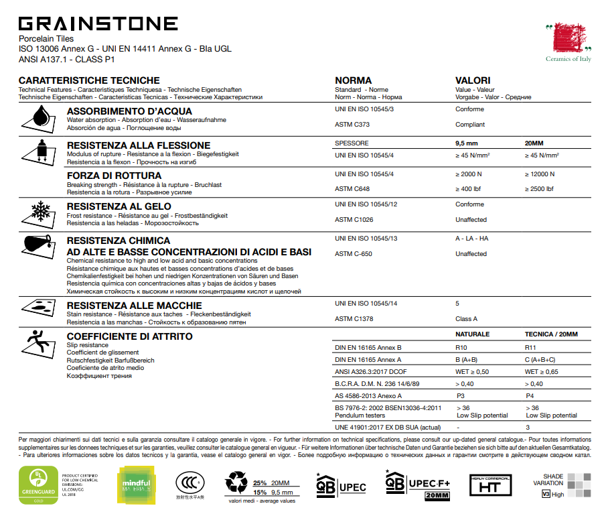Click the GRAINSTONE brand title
[x=98, y=24]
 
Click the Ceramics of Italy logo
[x=568, y=40]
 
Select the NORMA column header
[x=353, y=80]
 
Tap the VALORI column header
[x=473, y=80]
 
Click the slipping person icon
[x=37, y=344]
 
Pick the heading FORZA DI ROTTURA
[x=114, y=176]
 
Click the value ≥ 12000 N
[x=540, y=174]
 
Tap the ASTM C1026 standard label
[x=354, y=220]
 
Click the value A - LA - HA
[x=472, y=239]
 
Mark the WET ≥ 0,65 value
[x=542, y=372]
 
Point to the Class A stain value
[x=466, y=319]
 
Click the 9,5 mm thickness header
[x=467, y=143]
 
